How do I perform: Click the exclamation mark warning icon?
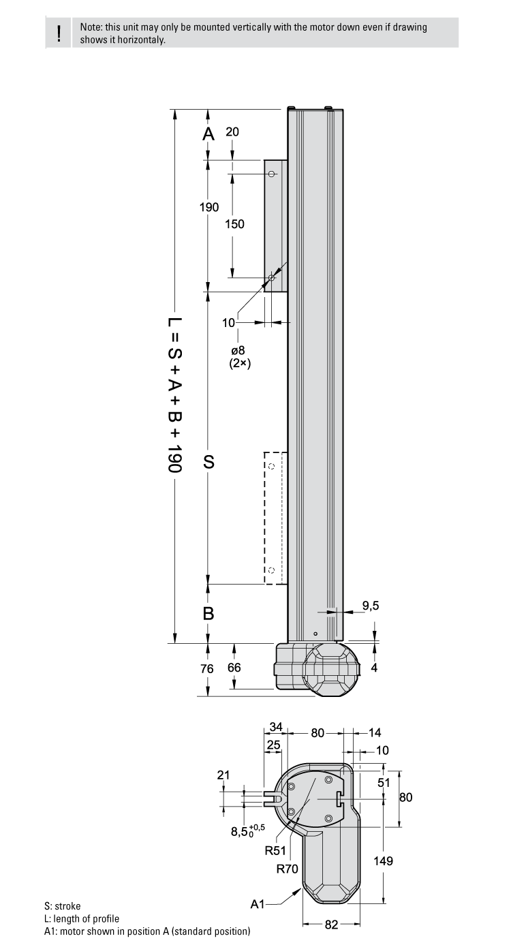[x=60, y=33]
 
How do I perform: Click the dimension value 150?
[x=234, y=223]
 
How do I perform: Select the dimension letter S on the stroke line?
[x=209, y=462]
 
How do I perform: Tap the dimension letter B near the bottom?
[x=209, y=613]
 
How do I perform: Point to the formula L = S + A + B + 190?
[x=175, y=395]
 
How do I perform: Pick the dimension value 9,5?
[x=371, y=605]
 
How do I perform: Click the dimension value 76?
[x=206, y=668]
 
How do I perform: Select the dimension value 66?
[x=234, y=668]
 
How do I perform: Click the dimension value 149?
[x=383, y=861]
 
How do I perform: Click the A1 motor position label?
[x=258, y=904]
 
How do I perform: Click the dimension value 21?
[x=223, y=775]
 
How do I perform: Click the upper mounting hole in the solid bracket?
[x=271, y=174]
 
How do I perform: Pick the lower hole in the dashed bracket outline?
[x=271, y=570]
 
